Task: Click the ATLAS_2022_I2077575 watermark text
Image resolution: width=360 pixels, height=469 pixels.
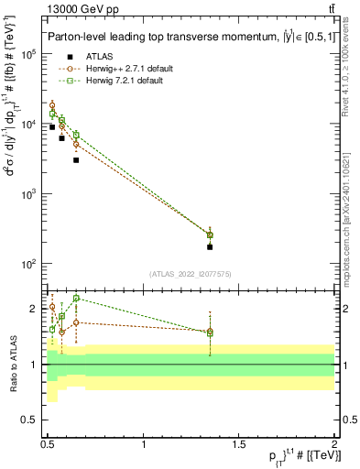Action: click(x=190, y=273)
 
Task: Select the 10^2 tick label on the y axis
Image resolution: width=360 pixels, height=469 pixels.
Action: click(x=29, y=264)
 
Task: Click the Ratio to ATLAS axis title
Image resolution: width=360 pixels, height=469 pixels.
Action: click(x=12, y=365)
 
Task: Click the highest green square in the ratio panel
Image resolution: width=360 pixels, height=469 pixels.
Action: click(x=76, y=298)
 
